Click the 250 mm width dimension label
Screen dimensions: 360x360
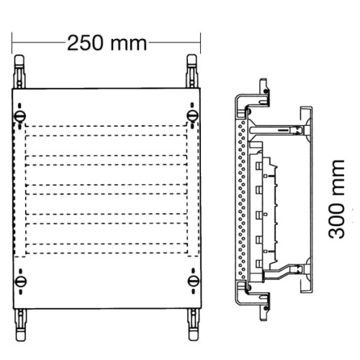(107, 42)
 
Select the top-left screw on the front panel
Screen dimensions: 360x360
(19, 116)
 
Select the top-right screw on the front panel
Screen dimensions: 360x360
(192, 116)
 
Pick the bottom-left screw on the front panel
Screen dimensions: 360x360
(19, 280)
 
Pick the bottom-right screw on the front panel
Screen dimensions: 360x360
(192, 280)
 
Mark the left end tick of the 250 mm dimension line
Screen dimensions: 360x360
(14, 42)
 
